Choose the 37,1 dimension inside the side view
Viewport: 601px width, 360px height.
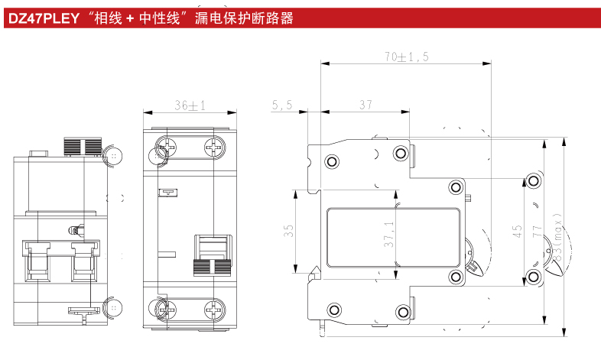[x=389, y=234]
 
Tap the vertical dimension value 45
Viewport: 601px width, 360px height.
[x=518, y=231]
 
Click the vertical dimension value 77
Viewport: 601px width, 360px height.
[x=537, y=231]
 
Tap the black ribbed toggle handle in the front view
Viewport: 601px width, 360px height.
[x=212, y=265]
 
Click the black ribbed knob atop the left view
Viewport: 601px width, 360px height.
[x=83, y=147]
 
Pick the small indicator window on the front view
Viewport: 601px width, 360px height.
[x=164, y=193]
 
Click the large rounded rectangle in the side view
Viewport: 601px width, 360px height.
[x=395, y=238]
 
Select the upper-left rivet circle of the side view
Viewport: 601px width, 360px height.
[x=333, y=161]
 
